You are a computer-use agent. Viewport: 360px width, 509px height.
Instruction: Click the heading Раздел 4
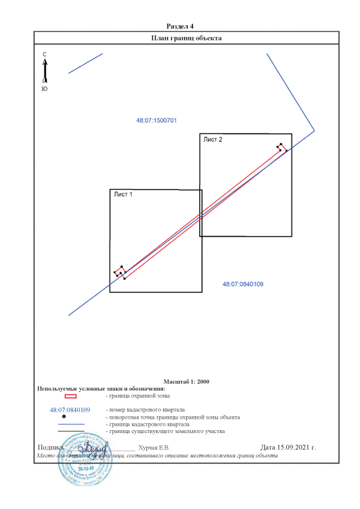click(180, 26)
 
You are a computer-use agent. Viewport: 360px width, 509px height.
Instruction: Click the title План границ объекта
click(187, 38)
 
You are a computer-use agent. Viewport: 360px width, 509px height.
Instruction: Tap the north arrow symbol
click(45, 70)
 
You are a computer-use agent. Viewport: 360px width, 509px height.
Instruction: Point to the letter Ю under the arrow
click(44, 89)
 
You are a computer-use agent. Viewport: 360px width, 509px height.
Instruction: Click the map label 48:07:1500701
click(157, 120)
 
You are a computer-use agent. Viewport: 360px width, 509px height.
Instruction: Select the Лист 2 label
click(213, 139)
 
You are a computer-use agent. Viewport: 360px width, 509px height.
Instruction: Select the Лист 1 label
click(123, 195)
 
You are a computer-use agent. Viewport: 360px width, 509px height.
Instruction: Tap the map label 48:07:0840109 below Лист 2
click(243, 285)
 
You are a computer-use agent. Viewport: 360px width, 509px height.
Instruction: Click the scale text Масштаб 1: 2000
click(186, 381)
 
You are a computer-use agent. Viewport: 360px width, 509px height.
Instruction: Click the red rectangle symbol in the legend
click(67, 397)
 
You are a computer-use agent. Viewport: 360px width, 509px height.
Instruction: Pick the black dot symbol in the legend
click(64, 417)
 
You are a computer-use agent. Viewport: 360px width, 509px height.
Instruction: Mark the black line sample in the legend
click(67, 431)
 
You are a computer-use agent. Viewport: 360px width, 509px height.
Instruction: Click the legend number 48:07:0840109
click(70, 410)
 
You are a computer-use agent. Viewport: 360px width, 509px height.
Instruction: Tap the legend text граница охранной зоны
click(138, 397)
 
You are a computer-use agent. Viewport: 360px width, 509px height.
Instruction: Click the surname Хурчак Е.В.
click(154, 448)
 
